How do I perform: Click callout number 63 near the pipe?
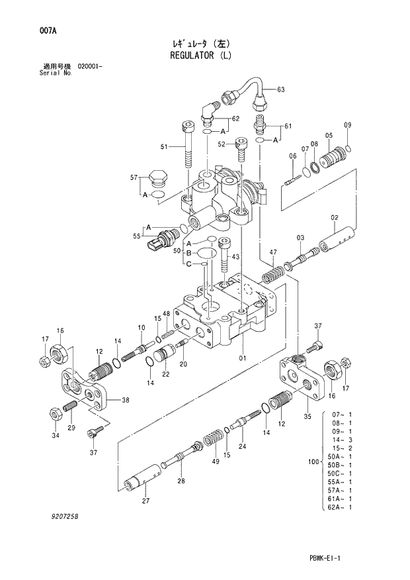pos(280,89)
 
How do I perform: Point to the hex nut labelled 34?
pos(56,415)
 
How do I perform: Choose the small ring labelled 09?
pos(348,148)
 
